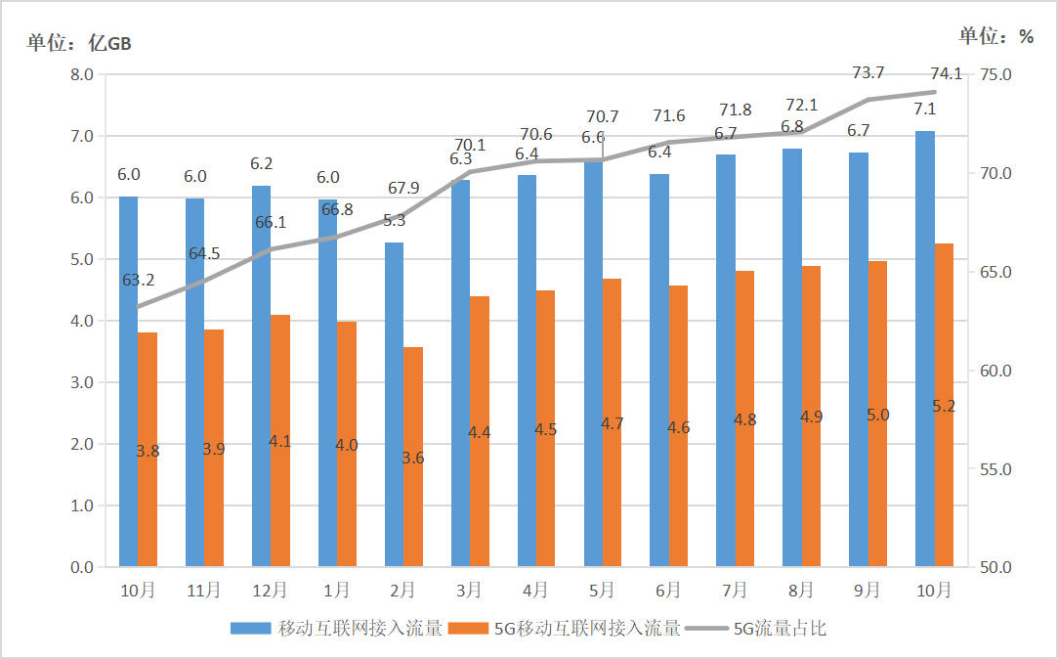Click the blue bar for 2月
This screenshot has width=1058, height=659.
pos(394,405)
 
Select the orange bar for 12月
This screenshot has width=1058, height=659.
pos(280,441)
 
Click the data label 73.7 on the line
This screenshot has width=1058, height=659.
pos(868,73)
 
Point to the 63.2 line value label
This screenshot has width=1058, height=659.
pos(138,280)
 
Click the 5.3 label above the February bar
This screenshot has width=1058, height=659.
pos(394,220)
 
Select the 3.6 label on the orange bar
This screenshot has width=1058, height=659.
pos(412,458)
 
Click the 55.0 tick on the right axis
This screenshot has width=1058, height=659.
pos(994,469)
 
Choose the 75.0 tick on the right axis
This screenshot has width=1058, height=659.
pos(994,75)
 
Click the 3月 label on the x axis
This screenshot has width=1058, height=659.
pos(468,591)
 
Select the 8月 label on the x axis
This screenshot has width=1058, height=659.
pos(800,591)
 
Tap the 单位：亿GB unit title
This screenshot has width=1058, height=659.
pos(79,43)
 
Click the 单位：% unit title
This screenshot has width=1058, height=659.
pos(995,36)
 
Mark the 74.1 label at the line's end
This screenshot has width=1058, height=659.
pos(946,72)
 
